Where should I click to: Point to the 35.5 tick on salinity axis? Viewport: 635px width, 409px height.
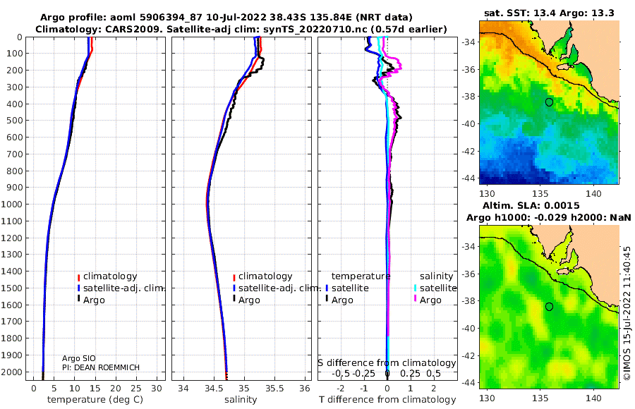tap(274, 389)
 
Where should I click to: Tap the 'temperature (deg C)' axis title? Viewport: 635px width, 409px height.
tap(95, 400)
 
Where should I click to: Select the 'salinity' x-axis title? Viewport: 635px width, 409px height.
tap(241, 400)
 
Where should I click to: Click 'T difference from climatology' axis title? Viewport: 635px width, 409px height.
tap(387, 400)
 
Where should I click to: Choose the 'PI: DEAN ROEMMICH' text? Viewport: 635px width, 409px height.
tap(101, 367)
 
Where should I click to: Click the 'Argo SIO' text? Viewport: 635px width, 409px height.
tap(78, 358)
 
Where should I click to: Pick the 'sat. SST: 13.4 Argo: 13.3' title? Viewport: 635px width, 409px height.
tap(549, 13)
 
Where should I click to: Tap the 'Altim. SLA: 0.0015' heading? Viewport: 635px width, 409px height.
tap(531, 206)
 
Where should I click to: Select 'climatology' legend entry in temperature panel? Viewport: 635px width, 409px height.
tap(110, 276)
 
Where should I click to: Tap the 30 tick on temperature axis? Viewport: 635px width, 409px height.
tap(157, 389)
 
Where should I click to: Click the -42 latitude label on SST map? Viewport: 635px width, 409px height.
tap(469, 151)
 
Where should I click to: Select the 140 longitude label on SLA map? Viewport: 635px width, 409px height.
tap(593, 398)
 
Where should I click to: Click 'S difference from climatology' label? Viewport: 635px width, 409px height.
tap(387, 363)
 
